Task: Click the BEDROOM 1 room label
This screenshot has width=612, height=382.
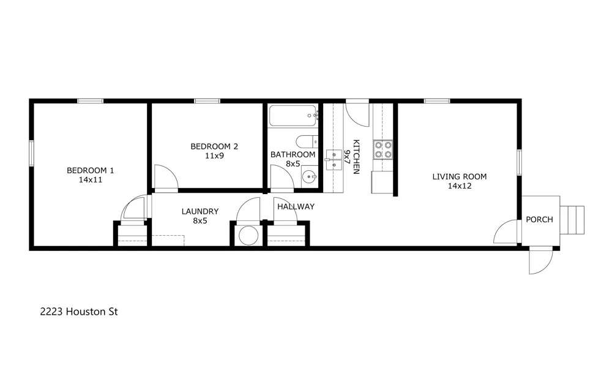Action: tap(90, 170)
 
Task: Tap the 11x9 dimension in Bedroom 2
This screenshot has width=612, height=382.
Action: tap(214, 156)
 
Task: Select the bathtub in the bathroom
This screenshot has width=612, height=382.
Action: tap(293, 116)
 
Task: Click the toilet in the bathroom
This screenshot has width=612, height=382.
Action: tap(307, 141)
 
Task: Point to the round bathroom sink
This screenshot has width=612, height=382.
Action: tap(310, 177)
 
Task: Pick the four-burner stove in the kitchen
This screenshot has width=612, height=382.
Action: tap(383, 149)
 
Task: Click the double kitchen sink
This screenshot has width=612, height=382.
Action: tap(334, 160)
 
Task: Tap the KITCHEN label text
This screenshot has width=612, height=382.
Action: tap(356, 157)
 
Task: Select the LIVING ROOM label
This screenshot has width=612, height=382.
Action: tap(460, 176)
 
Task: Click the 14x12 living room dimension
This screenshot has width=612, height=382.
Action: tap(460, 186)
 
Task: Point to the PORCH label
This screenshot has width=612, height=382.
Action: tap(539, 220)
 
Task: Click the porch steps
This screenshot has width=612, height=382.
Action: tap(572, 220)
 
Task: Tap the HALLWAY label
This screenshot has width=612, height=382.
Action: tap(296, 207)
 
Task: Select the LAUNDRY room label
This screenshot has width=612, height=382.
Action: tap(200, 211)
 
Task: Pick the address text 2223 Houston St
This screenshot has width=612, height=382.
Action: tap(79, 312)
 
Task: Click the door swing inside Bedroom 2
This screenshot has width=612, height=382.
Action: tap(166, 177)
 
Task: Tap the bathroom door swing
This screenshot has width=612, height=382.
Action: tap(282, 176)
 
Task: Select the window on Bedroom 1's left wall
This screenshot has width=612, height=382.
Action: tap(31, 153)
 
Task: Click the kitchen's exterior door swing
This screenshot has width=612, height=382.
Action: tap(357, 113)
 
